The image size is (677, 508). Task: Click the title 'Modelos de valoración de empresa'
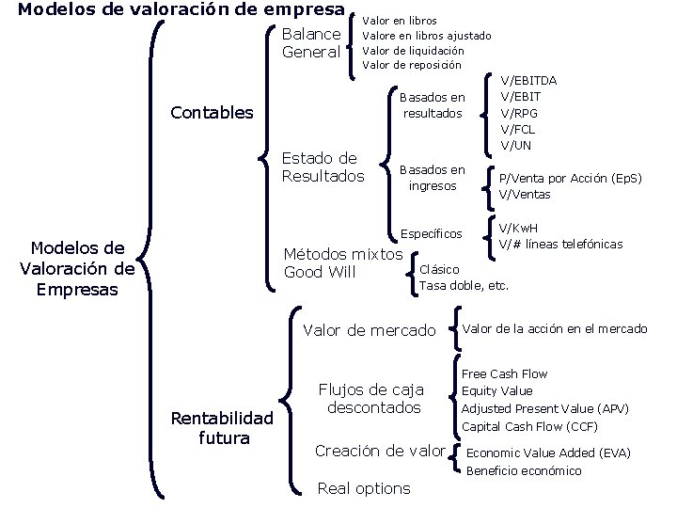(181, 10)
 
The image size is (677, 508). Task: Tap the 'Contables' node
(212, 113)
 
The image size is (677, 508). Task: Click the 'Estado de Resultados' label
(323, 167)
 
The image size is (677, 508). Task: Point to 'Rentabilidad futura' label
(221, 427)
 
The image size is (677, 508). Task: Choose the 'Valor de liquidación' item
(413, 50)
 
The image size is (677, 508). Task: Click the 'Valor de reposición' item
(411, 65)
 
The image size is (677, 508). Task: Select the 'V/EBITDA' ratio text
(528, 81)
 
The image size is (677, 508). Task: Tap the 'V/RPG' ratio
(520, 113)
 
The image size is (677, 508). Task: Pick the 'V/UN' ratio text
(516, 145)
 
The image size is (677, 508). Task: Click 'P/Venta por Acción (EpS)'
(570, 178)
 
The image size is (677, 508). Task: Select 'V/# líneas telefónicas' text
(560, 244)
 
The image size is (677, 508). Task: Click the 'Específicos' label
(432, 233)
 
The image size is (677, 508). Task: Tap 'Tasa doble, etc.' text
(464, 285)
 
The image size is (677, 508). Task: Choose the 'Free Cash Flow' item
(504, 373)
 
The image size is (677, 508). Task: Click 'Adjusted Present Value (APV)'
(544, 408)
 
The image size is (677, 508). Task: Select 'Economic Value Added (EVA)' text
(548, 452)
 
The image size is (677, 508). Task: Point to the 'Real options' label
(364, 487)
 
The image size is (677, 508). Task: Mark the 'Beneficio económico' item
(524, 470)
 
